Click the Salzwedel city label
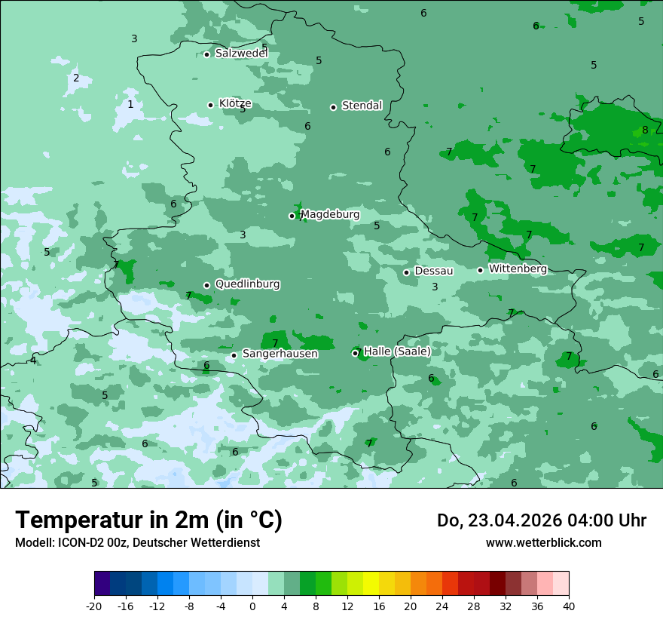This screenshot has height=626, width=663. click(x=241, y=54)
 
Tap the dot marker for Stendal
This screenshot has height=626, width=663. click(x=333, y=107)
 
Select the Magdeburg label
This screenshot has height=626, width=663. click(x=330, y=215)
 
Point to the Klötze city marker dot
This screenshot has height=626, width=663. click(x=210, y=105)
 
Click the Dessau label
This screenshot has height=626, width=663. click(x=434, y=271)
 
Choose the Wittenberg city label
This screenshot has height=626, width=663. click(x=518, y=269)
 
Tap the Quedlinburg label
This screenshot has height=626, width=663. click(x=247, y=284)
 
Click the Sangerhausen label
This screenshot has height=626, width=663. click(x=280, y=354)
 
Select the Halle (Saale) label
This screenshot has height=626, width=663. click(x=397, y=351)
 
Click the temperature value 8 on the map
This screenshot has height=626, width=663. click(x=645, y=130)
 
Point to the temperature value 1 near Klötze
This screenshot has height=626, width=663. click(x=130, y=104)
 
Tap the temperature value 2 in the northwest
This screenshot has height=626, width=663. click(x=76, y=78)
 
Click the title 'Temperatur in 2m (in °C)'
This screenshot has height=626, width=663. click(x=149, y=520)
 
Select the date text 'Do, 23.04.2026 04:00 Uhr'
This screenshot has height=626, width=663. click(x=542, y=520)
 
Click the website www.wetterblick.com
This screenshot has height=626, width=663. click(x=543, y=542)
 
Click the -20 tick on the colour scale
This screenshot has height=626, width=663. click(x=94, y=606)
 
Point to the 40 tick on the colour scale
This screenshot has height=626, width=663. click(x=568, y=606)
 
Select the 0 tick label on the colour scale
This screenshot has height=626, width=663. click(x=252, y=606)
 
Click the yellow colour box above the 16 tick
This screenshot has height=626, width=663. click(x=371, y=584)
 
